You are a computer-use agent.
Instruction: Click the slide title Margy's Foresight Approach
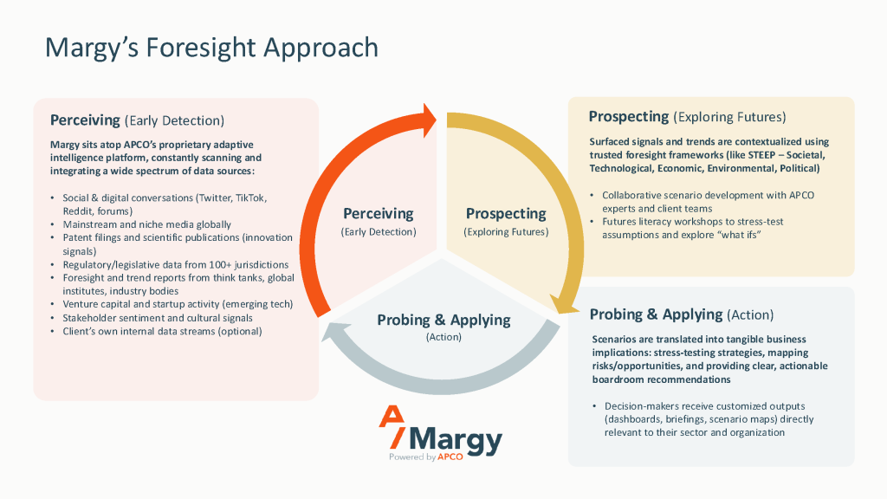pyautogui.click(x=211, y=47)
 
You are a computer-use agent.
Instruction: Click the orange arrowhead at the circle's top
pyautogui.click(x=427, y=119)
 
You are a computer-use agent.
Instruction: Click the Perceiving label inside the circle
pyautogui.click(x=379, y=213)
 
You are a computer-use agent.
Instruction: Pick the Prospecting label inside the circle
pyautogui.click(x=506, y=213)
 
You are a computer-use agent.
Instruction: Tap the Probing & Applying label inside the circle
pyautogui.click(x=443, y=320)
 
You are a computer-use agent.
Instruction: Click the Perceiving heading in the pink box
pyautogui.click(x=85, y=120)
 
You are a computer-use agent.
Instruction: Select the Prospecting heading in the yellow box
pyautogui.click(x=628, y=116)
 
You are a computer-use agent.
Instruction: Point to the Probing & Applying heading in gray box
pyautogui.click(x=656, y=314)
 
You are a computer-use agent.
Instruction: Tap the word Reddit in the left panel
pyautogui.click(x=77, y=211)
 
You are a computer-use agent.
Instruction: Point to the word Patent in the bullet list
pyautogui.click(x=79, y=237)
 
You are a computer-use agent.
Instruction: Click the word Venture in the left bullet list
pyautogui.click(x=81, y=304)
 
